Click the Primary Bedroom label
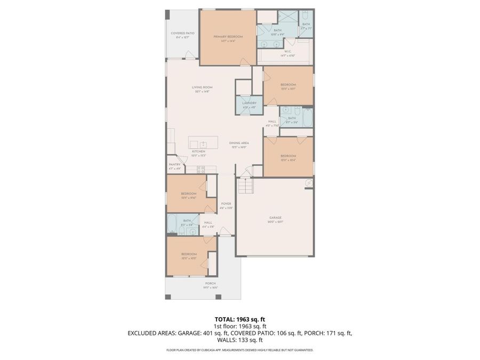pos(228,37)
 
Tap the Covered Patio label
pos(182,34)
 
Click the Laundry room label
pos(249,103)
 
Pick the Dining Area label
pos(239,143)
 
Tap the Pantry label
pos(174,165)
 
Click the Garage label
pos(275,219)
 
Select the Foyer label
pos(226,204)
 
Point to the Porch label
pos(210,284)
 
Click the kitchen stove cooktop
pos(201,170)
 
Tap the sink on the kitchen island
pos(203,144)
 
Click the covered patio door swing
pos(189,54)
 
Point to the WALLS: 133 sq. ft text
pos(239,340)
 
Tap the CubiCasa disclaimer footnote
pos(239,350)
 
